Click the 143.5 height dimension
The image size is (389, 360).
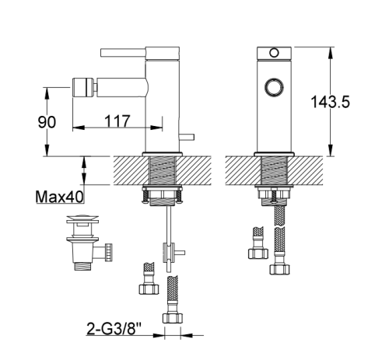330,102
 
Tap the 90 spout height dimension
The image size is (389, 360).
47,122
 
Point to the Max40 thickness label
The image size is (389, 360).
60,197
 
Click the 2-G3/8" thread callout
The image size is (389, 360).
114,329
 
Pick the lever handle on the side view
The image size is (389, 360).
123,52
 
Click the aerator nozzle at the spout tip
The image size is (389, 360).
82,87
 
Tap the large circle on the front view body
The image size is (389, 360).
274,87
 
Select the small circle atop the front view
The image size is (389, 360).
274,53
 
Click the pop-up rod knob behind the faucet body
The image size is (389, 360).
187,137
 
